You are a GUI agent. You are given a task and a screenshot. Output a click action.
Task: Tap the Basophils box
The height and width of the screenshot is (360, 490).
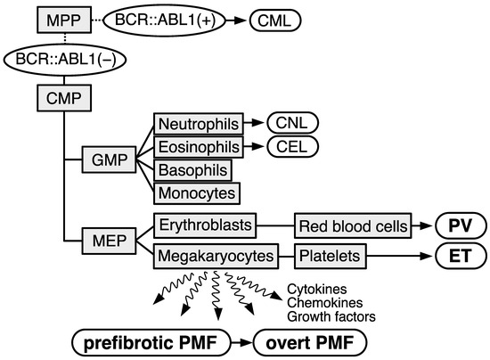point(190,168)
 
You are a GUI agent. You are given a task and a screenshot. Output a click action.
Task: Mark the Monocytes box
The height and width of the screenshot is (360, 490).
point(194,192)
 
